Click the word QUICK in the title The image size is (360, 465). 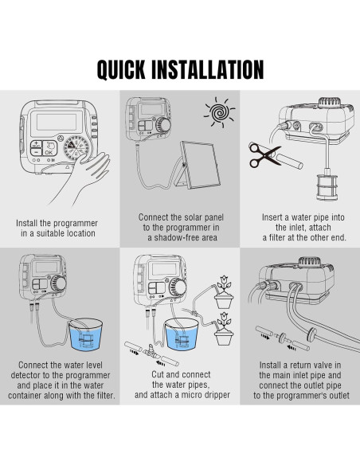pyautogui.click(x=121, y=70)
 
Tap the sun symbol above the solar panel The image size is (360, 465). pyautogui.click(x=219, y=112)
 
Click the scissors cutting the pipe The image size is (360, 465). pyautogui.click(x=264, y=155)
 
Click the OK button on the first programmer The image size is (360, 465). pyautogui.click(x=49, y=148)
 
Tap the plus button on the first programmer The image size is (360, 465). pyautogui.click(x=36, y=144)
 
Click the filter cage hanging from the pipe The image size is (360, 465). pyautogui.click(x=327, y=186)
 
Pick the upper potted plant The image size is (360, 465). pyautogui.click(x=224, y=292)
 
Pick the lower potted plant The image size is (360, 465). pyautogui.click(x=224, y=329)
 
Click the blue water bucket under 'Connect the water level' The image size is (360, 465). pyautogui.click(x=86, y=334)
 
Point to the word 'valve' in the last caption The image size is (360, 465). pyautogui.click(x=322, y=365)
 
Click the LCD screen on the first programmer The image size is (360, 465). pyautogui.click(x=57, y=122)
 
